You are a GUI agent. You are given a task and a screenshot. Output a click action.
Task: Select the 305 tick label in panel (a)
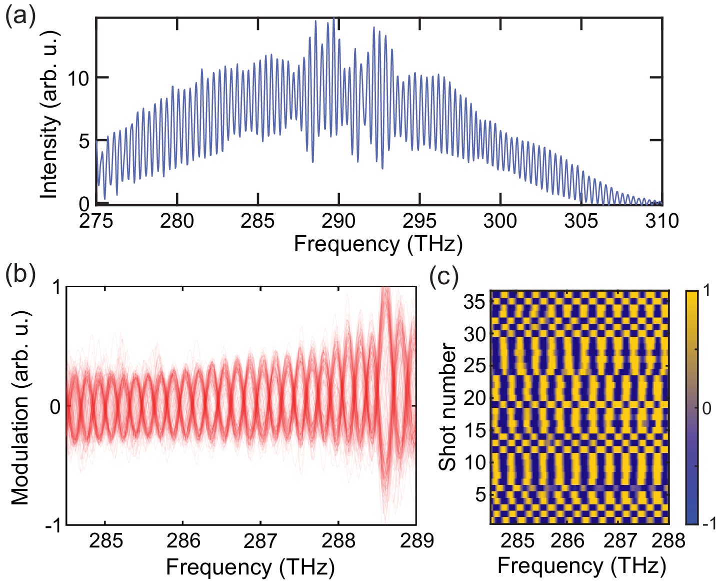581,221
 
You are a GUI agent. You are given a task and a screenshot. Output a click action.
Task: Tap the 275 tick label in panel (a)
96,221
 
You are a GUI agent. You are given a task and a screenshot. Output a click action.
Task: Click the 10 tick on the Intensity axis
79,78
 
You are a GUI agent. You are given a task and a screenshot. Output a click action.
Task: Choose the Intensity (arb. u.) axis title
50,114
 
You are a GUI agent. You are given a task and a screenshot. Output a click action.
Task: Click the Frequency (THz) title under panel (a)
378,244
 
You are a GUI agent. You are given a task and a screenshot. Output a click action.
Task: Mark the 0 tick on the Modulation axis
56,406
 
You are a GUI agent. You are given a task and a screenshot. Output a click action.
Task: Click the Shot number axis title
447,406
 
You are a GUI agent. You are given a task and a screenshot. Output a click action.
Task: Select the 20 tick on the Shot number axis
475,398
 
